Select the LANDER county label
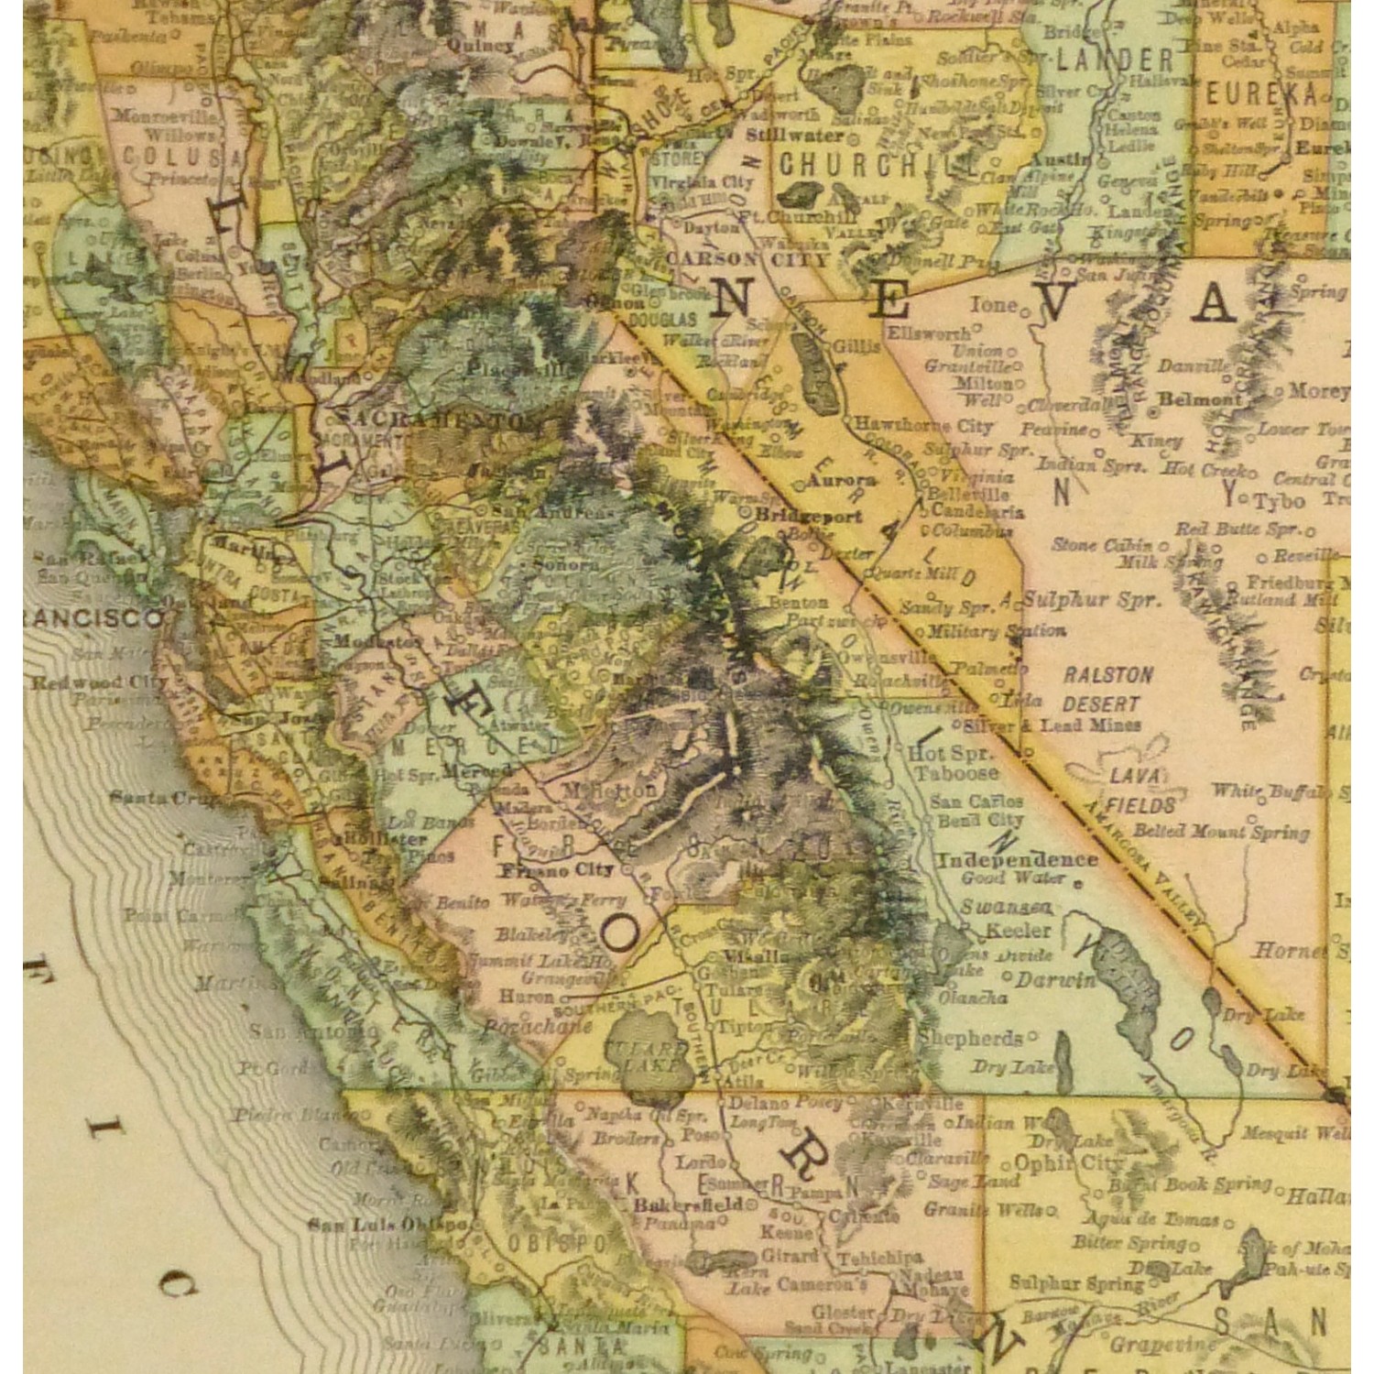pyautogui.click(x=1115, y=61)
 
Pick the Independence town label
pyautogui.click(x=1017, y=859)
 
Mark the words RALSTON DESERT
pyautogui.click(x=1107, y=690)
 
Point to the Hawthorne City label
pyautogui.click(x=923, y=425)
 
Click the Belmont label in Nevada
pyautogui.click(x=1199, y=398)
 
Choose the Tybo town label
pyautogui.click(x=1279, y=501)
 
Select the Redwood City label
pyautogui.click(x=99, y=682)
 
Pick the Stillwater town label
pyautogui.click(x=794, y=135)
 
